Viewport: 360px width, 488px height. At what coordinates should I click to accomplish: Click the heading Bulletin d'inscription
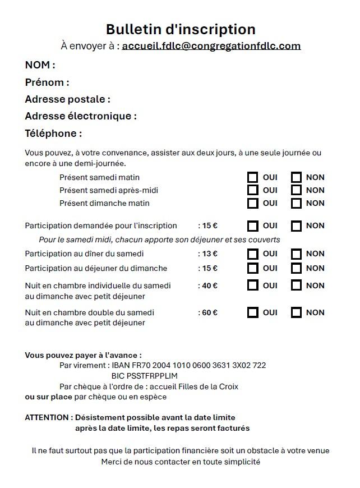click(x=180, y=29)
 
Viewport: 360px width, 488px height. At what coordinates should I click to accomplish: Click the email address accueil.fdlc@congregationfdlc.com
click(x=211, y=46)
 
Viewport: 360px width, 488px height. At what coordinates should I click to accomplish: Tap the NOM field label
click(x=40, y=65)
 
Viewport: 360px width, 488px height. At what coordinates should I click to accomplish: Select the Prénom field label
click(x=47, y=82)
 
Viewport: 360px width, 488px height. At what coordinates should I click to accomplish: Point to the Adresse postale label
click(x=67, y=99)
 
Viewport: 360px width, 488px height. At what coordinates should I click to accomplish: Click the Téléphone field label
click(x=53, y=133)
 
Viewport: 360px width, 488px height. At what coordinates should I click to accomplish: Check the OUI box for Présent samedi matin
click(x=253, y=177)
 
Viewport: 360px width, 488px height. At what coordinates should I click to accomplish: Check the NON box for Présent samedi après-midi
click(x=297, y=190)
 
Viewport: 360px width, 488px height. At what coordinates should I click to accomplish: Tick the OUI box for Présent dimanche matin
click(x=253, y=203)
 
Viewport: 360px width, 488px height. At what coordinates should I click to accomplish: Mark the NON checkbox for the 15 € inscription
click(x=297, y=225)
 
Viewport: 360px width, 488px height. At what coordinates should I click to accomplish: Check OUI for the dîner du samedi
click(x=253, y=254)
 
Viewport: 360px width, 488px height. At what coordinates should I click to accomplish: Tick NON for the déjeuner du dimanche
click(x=297, y=268)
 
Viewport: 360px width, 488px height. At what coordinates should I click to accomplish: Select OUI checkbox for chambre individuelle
click(x=253, y=286)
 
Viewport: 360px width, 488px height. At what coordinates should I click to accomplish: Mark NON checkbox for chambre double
click(x=297, y=312)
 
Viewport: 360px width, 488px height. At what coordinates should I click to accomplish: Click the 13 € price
click(x=209, y=254)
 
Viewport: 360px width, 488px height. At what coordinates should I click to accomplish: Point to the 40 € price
click(x=209, y=286)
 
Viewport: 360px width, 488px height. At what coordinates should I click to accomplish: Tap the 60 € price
click(x=209, y=312)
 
